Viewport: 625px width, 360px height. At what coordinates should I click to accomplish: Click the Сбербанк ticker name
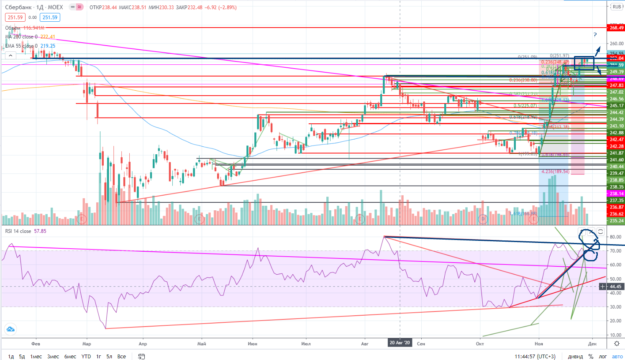point(18,7)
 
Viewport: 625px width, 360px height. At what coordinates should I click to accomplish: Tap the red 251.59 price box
point(15,17)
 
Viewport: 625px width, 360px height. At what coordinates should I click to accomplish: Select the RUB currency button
point(617,7)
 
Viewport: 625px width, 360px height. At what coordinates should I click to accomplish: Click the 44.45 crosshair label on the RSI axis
point(615,286)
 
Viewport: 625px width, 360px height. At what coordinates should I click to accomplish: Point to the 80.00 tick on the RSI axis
point(615,237)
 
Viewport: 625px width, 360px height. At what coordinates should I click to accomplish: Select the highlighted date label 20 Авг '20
point(400,343)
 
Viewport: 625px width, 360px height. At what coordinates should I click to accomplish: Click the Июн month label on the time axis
point(252,344)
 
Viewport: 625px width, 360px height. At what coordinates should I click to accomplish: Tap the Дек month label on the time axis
point(592,344)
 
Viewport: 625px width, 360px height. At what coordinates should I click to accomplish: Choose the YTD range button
point(86,356)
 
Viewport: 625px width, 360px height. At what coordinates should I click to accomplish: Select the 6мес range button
point(70,356)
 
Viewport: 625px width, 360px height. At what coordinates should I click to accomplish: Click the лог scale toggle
point(602,356)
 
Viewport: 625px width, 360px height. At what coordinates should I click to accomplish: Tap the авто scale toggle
point(617,356)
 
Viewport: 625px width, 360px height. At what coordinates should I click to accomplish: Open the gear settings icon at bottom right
point(617,344)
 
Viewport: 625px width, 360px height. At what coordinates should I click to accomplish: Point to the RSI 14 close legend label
point(18,231)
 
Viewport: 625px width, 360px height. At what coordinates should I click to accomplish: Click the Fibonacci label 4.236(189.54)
point(555,171)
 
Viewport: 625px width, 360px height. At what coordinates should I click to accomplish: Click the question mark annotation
point(595,35)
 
